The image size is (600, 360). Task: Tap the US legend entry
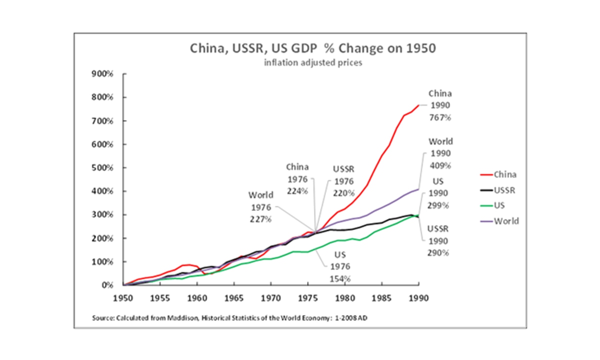point(500,205)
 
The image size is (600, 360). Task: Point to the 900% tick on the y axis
point(104,74)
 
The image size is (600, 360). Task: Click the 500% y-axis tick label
point(104,168)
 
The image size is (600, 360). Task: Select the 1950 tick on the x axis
point(123,296)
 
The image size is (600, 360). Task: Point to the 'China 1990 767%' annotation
point(439,105)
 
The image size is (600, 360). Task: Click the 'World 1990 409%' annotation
point(440,153)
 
